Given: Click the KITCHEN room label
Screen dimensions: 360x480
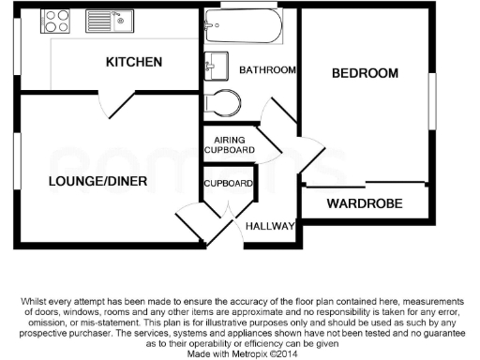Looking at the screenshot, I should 134,63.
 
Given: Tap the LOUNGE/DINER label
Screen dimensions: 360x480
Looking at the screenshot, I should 97,181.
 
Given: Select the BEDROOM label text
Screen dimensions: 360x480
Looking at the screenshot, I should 365,73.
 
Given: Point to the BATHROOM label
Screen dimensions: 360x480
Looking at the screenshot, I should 268,70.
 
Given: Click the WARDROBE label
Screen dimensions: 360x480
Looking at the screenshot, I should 365,203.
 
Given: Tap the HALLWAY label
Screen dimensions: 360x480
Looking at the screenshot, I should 270,227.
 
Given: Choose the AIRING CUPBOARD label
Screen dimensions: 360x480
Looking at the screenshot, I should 229,144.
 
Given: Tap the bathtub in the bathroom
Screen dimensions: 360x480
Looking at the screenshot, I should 241,29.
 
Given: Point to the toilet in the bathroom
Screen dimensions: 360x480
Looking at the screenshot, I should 221,100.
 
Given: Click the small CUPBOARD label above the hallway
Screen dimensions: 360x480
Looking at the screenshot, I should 229,183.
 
